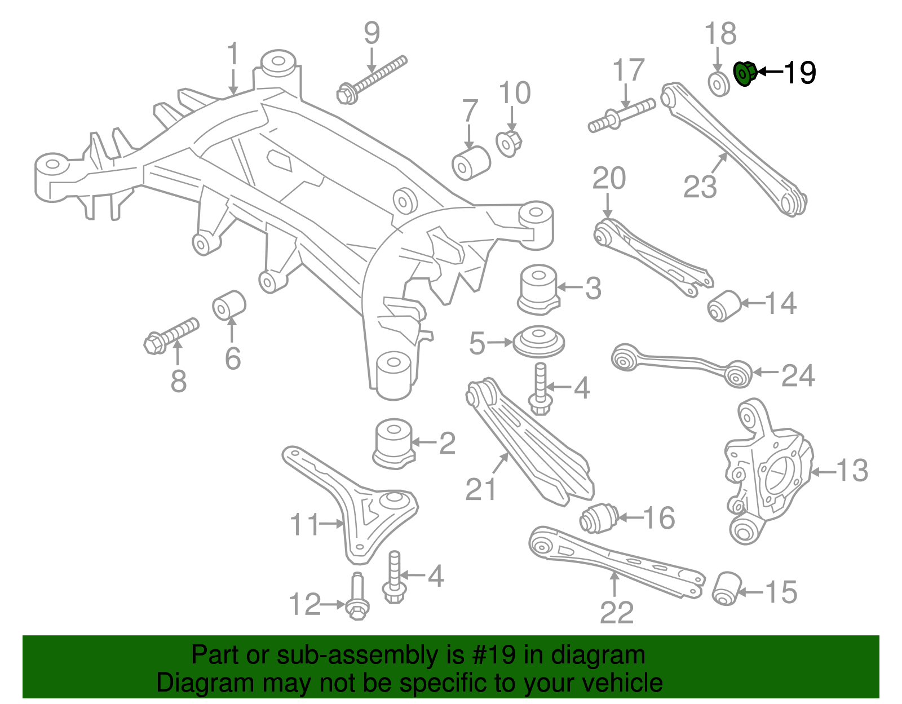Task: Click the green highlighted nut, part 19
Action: [x=745, y=73]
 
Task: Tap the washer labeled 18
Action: [x=718, y=84]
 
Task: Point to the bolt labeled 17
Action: [x=621, y=115]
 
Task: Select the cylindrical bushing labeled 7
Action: [x=471, y=163]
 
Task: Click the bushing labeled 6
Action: [x=229, y=304]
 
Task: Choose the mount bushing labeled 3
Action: [x=538, y=289]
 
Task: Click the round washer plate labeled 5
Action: [x=538, y=342]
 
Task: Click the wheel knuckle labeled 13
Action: [x=767, y=473]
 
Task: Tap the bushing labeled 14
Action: [x=723, y=305]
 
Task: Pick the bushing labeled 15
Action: [x=726, y=588]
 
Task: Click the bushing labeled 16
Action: [x=599, y=517]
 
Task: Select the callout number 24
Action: [x=797, y=375]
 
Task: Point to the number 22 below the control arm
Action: [x=617, y=613]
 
